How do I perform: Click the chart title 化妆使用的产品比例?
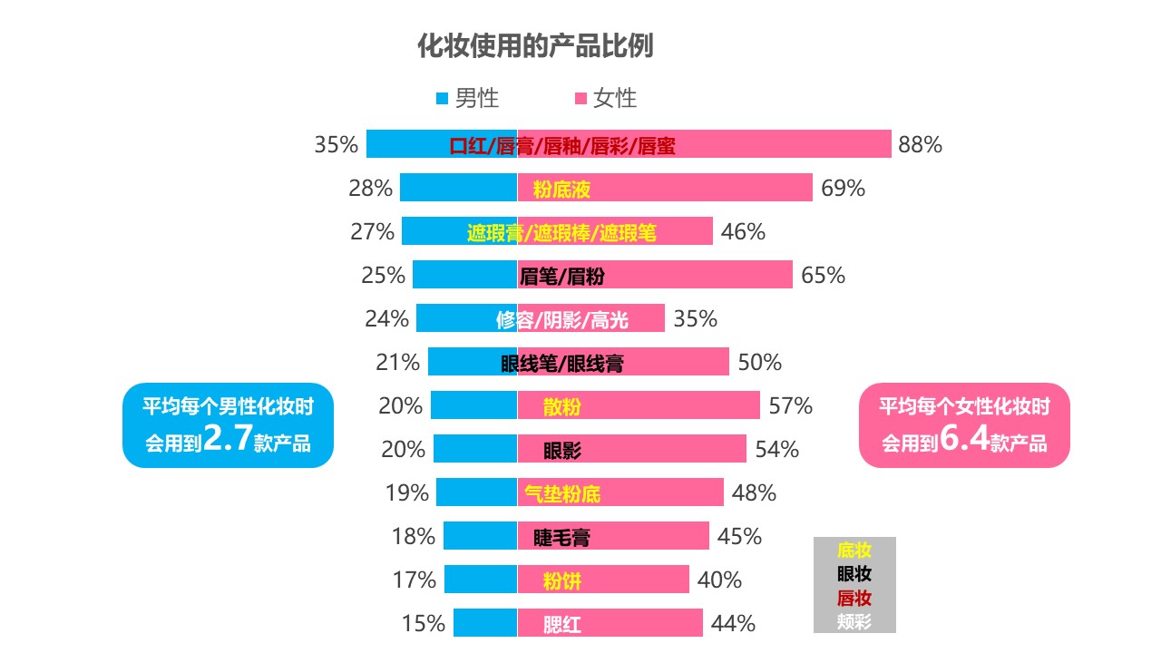click(535, 46)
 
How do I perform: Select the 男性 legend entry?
click(467, 98)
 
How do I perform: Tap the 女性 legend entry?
click(605, 98)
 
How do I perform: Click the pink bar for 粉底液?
click(707, 189)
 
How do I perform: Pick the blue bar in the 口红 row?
click(408, 144)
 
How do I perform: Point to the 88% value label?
click(920, 144)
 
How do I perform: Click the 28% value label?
click(370, 189)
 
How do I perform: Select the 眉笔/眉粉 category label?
click(562, 276)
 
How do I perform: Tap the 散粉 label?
click(562, 406)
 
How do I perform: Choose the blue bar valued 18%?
click(479, 536)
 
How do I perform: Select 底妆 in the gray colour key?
click(854, 550)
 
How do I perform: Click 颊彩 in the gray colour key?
click(854, 621)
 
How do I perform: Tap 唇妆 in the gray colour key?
click(854, 598)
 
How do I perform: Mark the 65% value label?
click(823, 276)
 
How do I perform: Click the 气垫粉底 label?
click(562, 494)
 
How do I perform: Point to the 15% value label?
click(424, 624)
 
